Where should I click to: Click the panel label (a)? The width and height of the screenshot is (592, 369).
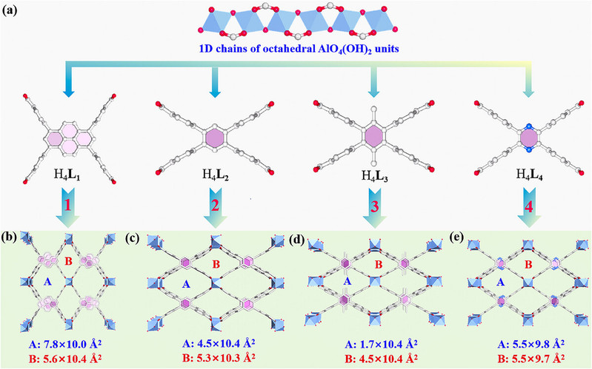(x=13, y=10)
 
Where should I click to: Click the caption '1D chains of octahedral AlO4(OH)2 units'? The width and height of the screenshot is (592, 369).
(x=296, y=53)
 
